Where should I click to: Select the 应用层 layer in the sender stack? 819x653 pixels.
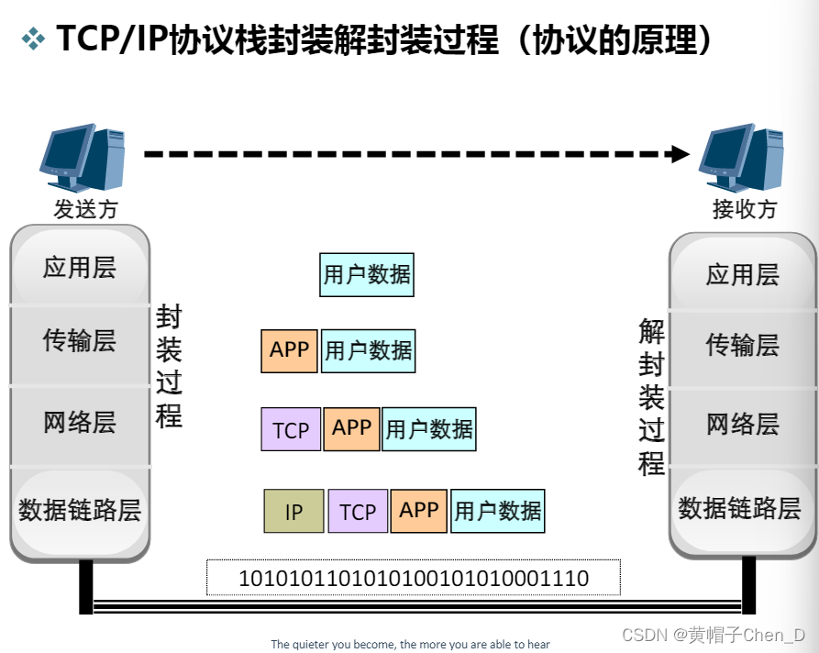pyautogui.click(x=80, y=268)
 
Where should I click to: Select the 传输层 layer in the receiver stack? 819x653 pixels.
pyautogui.click(x=742, y=345)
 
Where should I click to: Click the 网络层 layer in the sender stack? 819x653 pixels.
pyautogui.click(x=80, y=423)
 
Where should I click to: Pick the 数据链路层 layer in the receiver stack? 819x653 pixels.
pyautogui.click(x=740, y=508)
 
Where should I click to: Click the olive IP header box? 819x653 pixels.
pyautogui.click(x=293, y=511)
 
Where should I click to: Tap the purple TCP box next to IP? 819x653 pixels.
pyautogui.click(x=358, y=511)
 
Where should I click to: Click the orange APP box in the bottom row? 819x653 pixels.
pyautogui.click(x=419, y=510)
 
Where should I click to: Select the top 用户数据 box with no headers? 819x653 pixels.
pyautogui.click(x=367, y=274)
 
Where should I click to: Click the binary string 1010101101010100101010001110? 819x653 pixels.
pyautogui.click(x=414, y=579)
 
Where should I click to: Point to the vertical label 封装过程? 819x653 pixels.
pyautogui.click(x=169, y=367)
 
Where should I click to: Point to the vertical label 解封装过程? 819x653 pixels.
pyautogui.click(x=651, y=396)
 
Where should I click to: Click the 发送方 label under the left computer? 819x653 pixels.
pyautogui.click(x=85, y=209)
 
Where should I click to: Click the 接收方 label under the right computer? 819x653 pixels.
pyautogui.click(x=744, y=209)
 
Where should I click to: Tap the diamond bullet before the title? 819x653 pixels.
pyautogui.click(x=33, y=39)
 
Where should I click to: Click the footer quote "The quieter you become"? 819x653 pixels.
pyautogui.click(x=410, y=644)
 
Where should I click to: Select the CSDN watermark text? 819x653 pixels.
pyautogui.click(x=713, y=635)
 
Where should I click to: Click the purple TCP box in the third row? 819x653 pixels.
pyautogui.click(x=291, y=429)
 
